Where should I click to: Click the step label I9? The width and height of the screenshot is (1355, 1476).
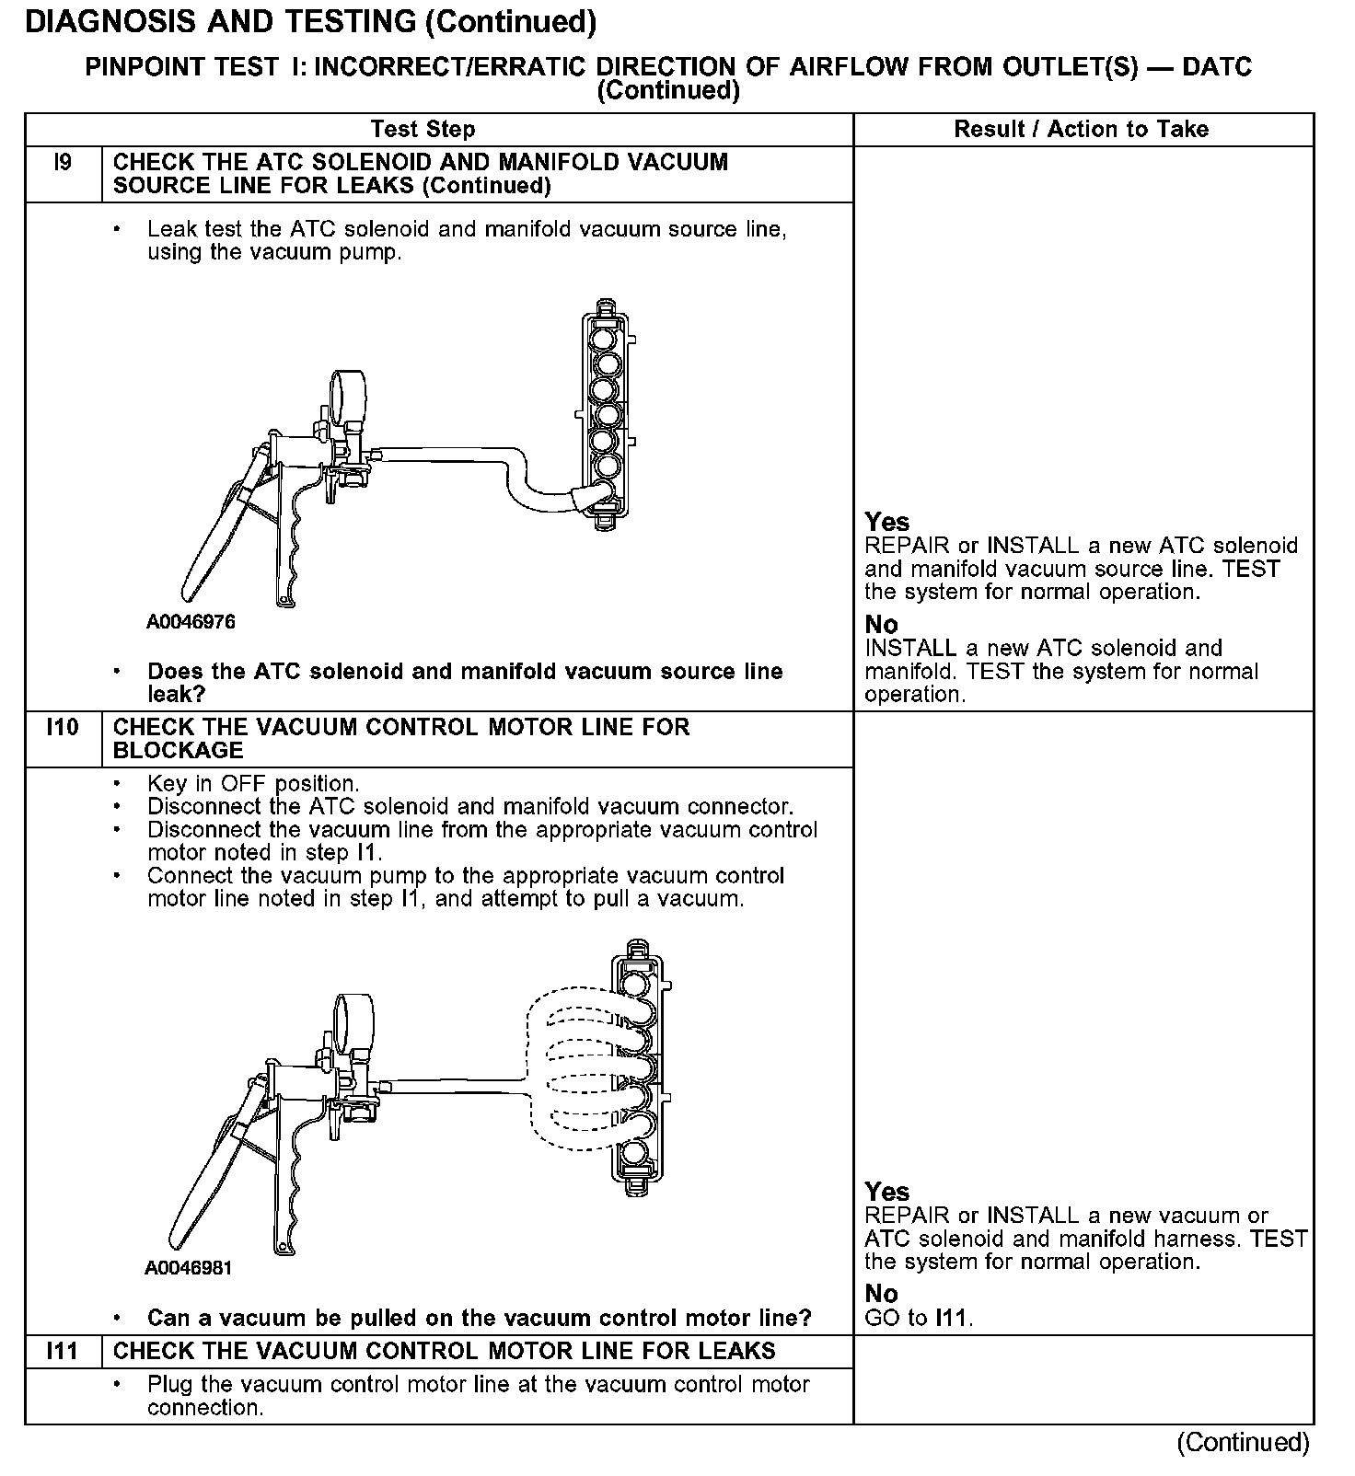pos(62,163)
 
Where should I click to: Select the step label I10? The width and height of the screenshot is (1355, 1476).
pos(62,727)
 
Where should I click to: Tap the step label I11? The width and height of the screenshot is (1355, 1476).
pos(62,1351)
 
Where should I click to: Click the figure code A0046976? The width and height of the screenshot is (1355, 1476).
pos(191,622)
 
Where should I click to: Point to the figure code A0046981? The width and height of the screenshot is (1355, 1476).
pos(189,1268)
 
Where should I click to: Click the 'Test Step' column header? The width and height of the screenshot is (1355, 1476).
pos(423,130)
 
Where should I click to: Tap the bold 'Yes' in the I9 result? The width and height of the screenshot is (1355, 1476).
pos(886,522)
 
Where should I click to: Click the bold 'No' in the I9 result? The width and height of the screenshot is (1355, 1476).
pos(881,625)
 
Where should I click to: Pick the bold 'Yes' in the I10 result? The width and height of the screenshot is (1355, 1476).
pos(886,1192)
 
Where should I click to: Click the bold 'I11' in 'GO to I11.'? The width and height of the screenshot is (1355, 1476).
pos(952,1318)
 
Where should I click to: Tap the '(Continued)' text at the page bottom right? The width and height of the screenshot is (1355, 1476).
pos(1242,1442)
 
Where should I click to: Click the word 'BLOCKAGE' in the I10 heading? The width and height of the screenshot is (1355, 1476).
pos(178,750)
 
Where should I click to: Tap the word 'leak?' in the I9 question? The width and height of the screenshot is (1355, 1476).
pos(176,694)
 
